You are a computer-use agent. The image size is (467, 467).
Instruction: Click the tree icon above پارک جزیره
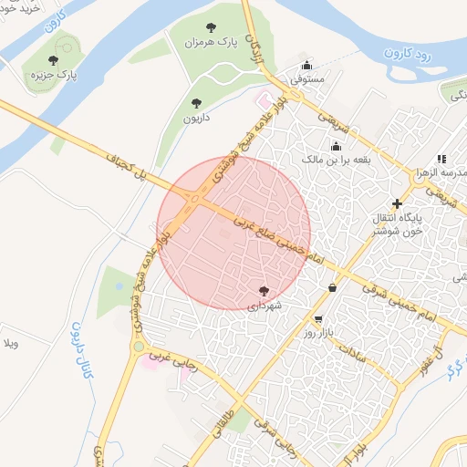pos(54,61)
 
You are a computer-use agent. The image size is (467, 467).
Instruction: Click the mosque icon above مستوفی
pos(306,66)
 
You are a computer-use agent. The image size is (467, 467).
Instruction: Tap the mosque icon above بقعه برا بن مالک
pos(336,146)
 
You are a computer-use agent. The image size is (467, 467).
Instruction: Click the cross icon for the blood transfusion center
pos(397,203)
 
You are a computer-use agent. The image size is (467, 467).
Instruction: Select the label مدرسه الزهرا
pos(446,172)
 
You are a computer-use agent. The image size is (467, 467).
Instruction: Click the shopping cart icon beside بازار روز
pos(317,320)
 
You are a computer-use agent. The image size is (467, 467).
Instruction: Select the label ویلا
pos(12,344)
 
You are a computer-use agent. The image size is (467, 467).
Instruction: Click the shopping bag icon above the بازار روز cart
pos(332,287)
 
